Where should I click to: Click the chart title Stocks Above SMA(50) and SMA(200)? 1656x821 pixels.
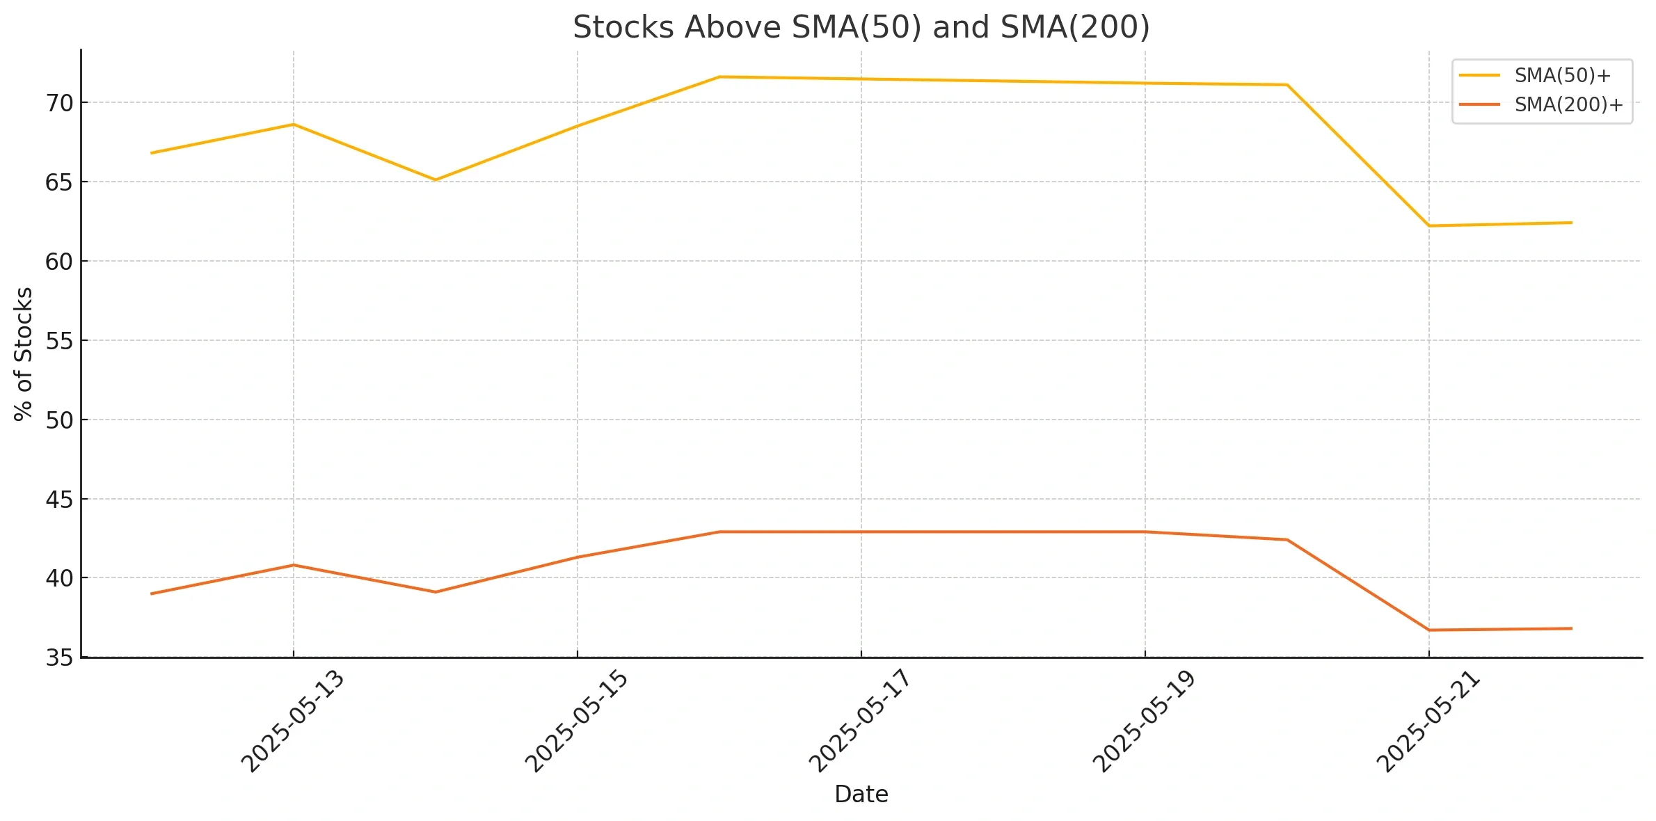coord(861,28)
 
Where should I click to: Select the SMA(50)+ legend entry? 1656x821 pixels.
coord(1562,75)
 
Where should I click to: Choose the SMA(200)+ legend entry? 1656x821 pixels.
coord(1568,104)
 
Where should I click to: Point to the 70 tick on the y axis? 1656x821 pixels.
coord(59,103)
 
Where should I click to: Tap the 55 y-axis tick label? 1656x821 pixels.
coord(59,341)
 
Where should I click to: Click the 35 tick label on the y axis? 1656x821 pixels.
coord(59,657)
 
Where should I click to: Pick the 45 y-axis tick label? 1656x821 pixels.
coord(59,500)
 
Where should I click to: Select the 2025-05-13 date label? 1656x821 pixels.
coord(293,722)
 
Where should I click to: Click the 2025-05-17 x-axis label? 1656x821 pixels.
coord(860,722)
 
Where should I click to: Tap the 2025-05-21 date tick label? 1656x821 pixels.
coord(1428,722)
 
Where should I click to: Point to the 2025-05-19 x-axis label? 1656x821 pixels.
coord(1145,722)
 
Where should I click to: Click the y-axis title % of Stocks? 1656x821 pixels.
coord(24,353)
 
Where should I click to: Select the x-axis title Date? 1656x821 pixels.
coord(861,794)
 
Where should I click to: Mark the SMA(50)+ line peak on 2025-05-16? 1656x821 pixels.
coord(719,77)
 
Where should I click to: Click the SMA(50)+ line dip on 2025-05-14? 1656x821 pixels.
coord(435,180)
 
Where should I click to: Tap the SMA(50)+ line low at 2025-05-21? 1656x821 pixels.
coord(1429,225)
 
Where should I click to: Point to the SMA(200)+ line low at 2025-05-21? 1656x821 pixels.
coord(1429,630)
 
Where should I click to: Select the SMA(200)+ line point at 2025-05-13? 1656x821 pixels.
coord(293,565)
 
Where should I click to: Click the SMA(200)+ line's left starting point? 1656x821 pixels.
coord(152,593)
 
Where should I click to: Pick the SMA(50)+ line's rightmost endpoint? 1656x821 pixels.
coord(1571,223)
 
